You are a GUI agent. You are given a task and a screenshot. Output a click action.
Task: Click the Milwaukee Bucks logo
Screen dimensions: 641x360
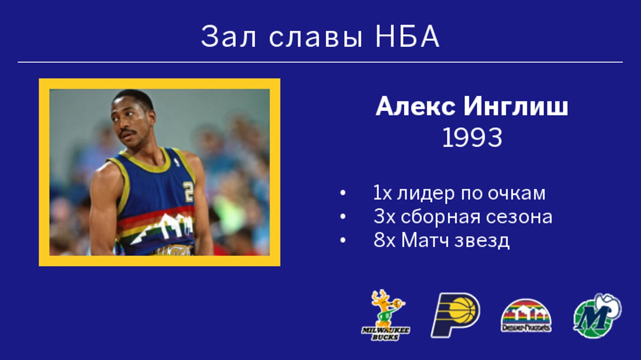(x=385, y=315)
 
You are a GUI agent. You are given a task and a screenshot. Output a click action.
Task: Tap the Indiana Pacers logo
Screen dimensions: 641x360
(x=456, y=315)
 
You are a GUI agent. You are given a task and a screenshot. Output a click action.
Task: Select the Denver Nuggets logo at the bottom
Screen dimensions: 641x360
(x=526, y=315)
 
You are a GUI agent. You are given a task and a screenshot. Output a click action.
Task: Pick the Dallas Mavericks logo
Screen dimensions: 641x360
(x=597, y=315)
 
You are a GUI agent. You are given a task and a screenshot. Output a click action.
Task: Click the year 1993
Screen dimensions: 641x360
(x=472, y=138)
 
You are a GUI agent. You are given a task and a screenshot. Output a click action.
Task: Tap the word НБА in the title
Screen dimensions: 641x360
(x=407, y=36)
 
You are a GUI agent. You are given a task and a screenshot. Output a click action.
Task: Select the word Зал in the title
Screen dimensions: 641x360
(x=228, y=36)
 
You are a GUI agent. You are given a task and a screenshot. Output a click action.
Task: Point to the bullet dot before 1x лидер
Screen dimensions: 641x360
(x=342, y=193)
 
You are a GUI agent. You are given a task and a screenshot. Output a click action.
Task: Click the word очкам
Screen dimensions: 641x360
(x=516, y=194)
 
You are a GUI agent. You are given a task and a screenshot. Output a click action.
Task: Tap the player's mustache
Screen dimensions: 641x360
(x=128, y=133)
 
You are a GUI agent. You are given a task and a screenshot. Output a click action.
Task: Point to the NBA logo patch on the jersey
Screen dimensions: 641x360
(x=178, y=162)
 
